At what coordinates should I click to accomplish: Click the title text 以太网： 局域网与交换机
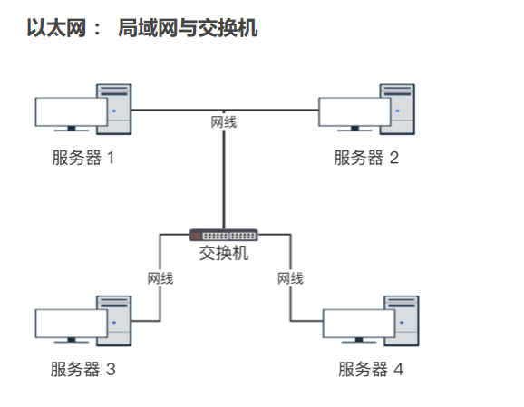click(142, 28)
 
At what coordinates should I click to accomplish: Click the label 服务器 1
click(83, 158)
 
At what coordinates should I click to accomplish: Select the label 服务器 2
click(366, 158)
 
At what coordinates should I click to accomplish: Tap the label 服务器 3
click(83, 369)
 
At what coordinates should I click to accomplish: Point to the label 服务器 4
click(371, 369)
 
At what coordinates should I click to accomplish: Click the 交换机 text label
click(224, 253)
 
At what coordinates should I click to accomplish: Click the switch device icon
click(224, 236)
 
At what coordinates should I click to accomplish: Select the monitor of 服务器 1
click(72, 111)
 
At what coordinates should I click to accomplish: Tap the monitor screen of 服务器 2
click(354, 111)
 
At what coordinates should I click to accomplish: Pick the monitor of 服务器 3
click(72, 324)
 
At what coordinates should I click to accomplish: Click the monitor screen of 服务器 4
click(359, 324)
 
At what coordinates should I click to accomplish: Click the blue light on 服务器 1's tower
click(114, 111)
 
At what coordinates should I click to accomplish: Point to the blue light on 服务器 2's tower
click(397, 111)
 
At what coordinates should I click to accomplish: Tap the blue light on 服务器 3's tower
click(114, 323)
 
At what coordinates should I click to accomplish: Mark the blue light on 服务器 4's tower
click(402, 323)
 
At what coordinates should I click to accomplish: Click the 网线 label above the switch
click(224, 122)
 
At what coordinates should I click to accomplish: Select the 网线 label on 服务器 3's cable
click(160, 278)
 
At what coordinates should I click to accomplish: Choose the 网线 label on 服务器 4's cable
click(290, 278)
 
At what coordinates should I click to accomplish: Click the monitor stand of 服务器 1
click(72, 129)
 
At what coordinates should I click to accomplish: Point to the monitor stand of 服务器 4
click(359, 340)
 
